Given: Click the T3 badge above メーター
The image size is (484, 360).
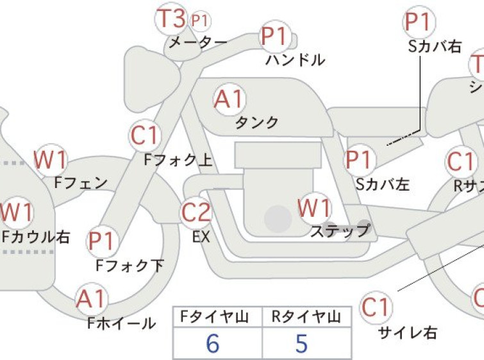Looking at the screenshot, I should pos(171,19).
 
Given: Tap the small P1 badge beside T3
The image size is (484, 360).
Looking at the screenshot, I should pos(201,21).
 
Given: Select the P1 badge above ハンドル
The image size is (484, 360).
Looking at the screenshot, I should pos(274,37).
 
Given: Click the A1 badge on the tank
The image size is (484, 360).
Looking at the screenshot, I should pos(229,100).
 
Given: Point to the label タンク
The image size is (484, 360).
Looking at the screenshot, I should pos(257,123).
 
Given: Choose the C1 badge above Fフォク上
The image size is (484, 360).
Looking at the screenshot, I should pos(144,136).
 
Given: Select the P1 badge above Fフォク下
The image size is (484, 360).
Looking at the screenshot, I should pos(101,242).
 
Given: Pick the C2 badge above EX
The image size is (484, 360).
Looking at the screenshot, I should pos(196,213).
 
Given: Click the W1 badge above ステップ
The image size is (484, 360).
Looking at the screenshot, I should pos(315,209).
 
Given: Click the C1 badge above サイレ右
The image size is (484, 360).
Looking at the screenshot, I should pos(376,309).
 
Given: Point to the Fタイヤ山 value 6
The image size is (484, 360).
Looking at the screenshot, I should pos(213,344).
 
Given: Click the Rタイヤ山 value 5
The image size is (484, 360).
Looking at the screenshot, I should pos(301,344).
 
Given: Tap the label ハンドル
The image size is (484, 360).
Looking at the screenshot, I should pos(296,60).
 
